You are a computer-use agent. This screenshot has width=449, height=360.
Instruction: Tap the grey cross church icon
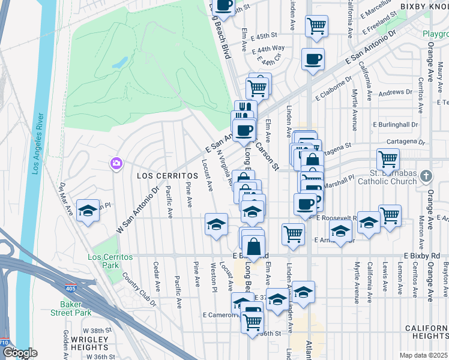tap(426, 176)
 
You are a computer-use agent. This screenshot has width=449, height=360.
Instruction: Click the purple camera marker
tap(116, 163)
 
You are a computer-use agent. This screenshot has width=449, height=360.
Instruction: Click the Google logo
tap(19, 353)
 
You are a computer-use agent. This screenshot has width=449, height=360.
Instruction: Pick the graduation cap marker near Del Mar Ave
tap(88, 211)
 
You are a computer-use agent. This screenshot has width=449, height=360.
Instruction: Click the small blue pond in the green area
tap(119, 62)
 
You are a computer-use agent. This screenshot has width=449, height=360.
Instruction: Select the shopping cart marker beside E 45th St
tap(316, 26)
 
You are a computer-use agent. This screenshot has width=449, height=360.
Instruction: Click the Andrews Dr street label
tap(391, 92)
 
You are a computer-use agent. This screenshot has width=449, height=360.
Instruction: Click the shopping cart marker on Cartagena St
tap(388, 160)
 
